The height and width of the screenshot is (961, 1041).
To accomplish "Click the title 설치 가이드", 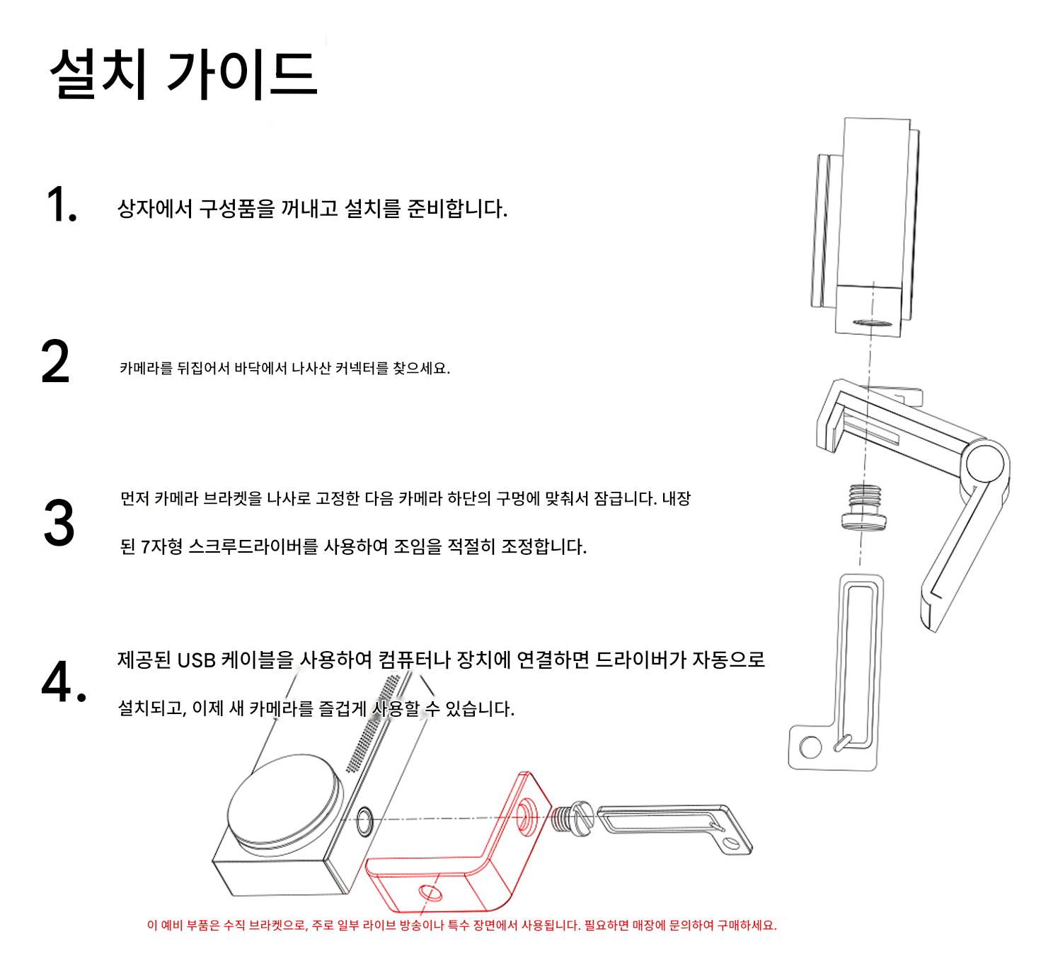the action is coord(183,74).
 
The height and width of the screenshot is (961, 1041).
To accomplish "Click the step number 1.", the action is coord(62,205).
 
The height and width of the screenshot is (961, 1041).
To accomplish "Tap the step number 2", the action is coord(55,361).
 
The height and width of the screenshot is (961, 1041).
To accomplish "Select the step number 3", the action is coord(59,522).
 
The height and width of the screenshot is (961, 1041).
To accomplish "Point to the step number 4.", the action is coord(64,681).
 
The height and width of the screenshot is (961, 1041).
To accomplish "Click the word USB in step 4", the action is coord(197,660).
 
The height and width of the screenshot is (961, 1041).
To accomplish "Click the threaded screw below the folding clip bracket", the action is coord(864,507).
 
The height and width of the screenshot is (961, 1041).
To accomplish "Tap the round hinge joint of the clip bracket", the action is coord(985,464).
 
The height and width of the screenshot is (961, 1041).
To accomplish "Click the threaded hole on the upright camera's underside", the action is coord(872,323).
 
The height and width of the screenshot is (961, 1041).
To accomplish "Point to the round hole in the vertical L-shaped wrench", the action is coord(810,747).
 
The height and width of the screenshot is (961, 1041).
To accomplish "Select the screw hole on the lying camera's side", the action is coord(365,822).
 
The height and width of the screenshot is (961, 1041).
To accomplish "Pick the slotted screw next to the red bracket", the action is coord(573,818).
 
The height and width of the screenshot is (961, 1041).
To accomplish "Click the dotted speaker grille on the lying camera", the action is coord(373,723).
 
